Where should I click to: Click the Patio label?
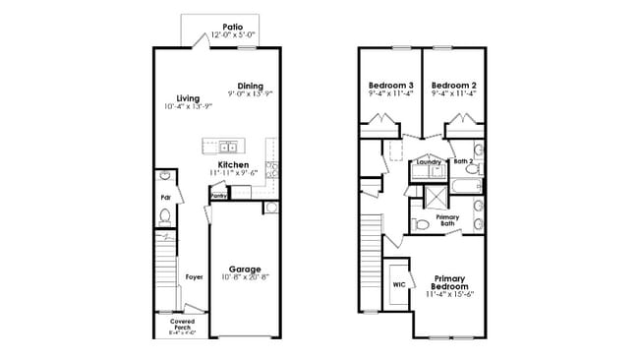tap(232, 27)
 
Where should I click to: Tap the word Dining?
tap(250, 86)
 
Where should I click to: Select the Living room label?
tap(188, 97)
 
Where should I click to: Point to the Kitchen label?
tap(233, 164)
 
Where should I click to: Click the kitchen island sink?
tap(227, 147)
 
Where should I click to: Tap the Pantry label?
tap(219, 196)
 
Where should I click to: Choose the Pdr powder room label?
tap(166, 197)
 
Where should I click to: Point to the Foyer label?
tap(194, 277)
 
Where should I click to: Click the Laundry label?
tap(429, 161)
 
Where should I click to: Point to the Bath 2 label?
tap(464, 160)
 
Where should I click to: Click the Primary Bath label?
tap(447, 219)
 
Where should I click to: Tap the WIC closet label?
tap(398, 284)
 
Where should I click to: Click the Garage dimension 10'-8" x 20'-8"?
tap(245, 278)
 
